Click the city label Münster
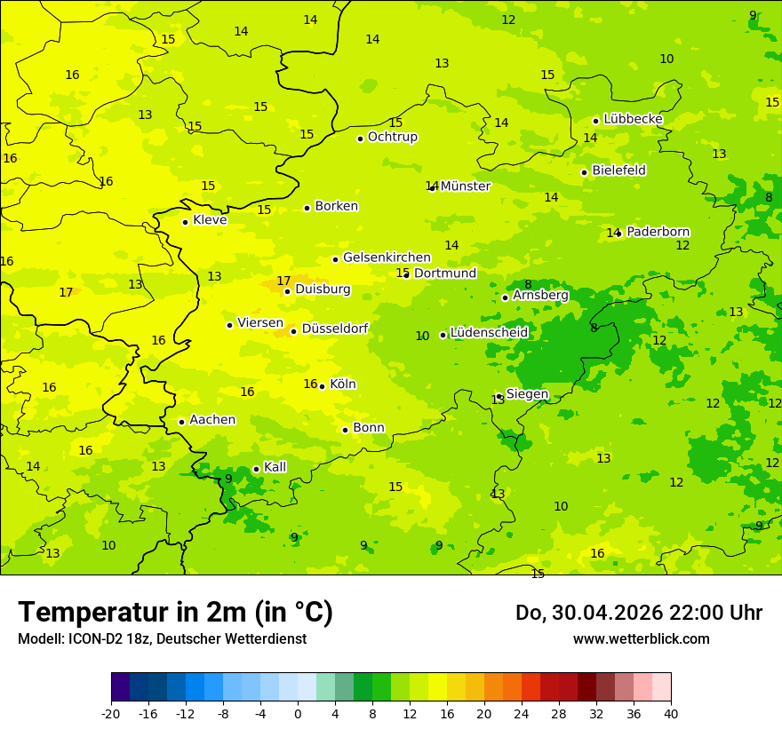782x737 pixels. point(465,186)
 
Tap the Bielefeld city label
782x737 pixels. point(618,170)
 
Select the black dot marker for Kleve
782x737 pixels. point(185,222)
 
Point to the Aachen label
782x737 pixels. point(212,420)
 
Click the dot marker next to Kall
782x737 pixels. point(256,469)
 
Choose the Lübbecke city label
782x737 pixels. point(633,119)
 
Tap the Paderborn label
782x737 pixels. point(658,232)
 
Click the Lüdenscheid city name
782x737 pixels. point(489,333)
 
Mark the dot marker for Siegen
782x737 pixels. point(499,396)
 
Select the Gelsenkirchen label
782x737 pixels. point(387,258)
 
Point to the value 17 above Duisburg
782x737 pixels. point(283,281)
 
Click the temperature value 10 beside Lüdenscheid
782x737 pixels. point(422,336)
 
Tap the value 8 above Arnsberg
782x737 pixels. point(528,285)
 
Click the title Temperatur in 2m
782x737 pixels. point(175,613)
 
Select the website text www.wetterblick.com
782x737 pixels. point(641,639)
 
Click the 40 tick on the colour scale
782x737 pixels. point(670,713)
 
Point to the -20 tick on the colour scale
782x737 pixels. point(111,713)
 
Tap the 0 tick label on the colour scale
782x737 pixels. point(298,713)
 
